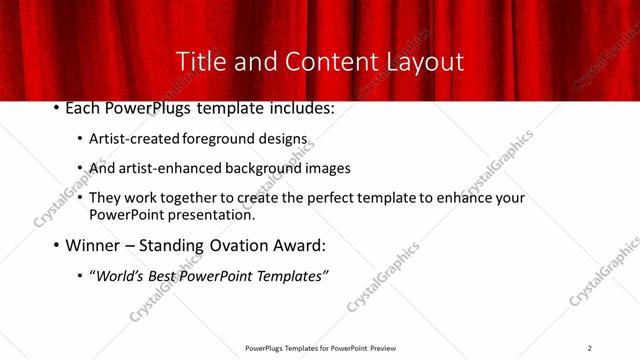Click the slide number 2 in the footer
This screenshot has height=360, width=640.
[x=589, y=348]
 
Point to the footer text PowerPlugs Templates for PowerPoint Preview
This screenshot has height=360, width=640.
[x=319, y=348]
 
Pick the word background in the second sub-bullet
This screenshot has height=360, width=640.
[x=256, y=168]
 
